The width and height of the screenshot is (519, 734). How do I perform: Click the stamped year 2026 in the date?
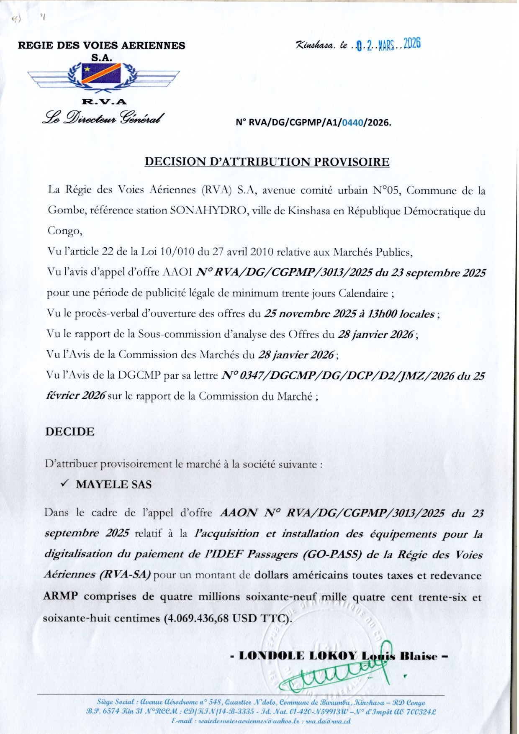tap(412, 44)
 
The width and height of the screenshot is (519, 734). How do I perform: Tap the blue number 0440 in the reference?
tap(352, 123)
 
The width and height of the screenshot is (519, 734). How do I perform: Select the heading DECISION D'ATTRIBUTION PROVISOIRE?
tap(267, 162)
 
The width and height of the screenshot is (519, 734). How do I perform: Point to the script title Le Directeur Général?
tap(103, 118)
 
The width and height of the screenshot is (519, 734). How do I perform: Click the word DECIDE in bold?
tap(70, 431)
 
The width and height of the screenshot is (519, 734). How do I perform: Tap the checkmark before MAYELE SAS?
tap(64, 483)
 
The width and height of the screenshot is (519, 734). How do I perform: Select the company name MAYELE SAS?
tap(114, 484)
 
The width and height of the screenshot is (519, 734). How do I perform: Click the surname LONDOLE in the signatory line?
tap(271, 656)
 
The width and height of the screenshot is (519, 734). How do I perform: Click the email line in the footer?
tap(261, 721)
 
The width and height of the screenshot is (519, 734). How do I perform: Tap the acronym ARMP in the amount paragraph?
tap(60, 596)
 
